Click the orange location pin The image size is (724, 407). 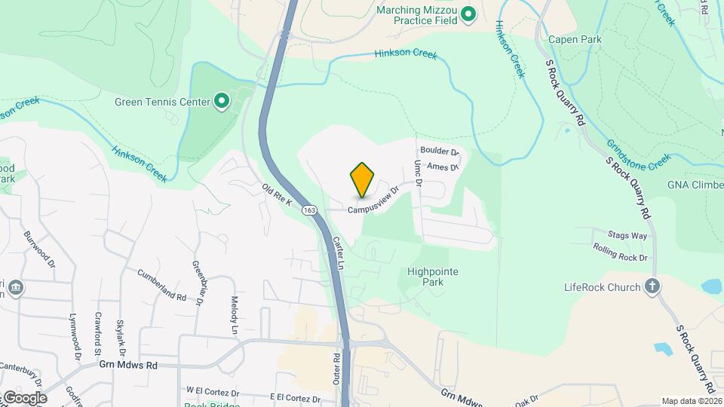pos(362,179)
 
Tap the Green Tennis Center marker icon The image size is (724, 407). pos(222,101)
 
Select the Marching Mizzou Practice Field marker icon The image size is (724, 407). pos(468,14)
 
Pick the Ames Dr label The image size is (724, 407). pos(443,167)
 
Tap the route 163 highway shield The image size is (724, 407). pos(309,210)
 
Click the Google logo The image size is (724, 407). pos(25,397)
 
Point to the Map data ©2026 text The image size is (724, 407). pos(690,401)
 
